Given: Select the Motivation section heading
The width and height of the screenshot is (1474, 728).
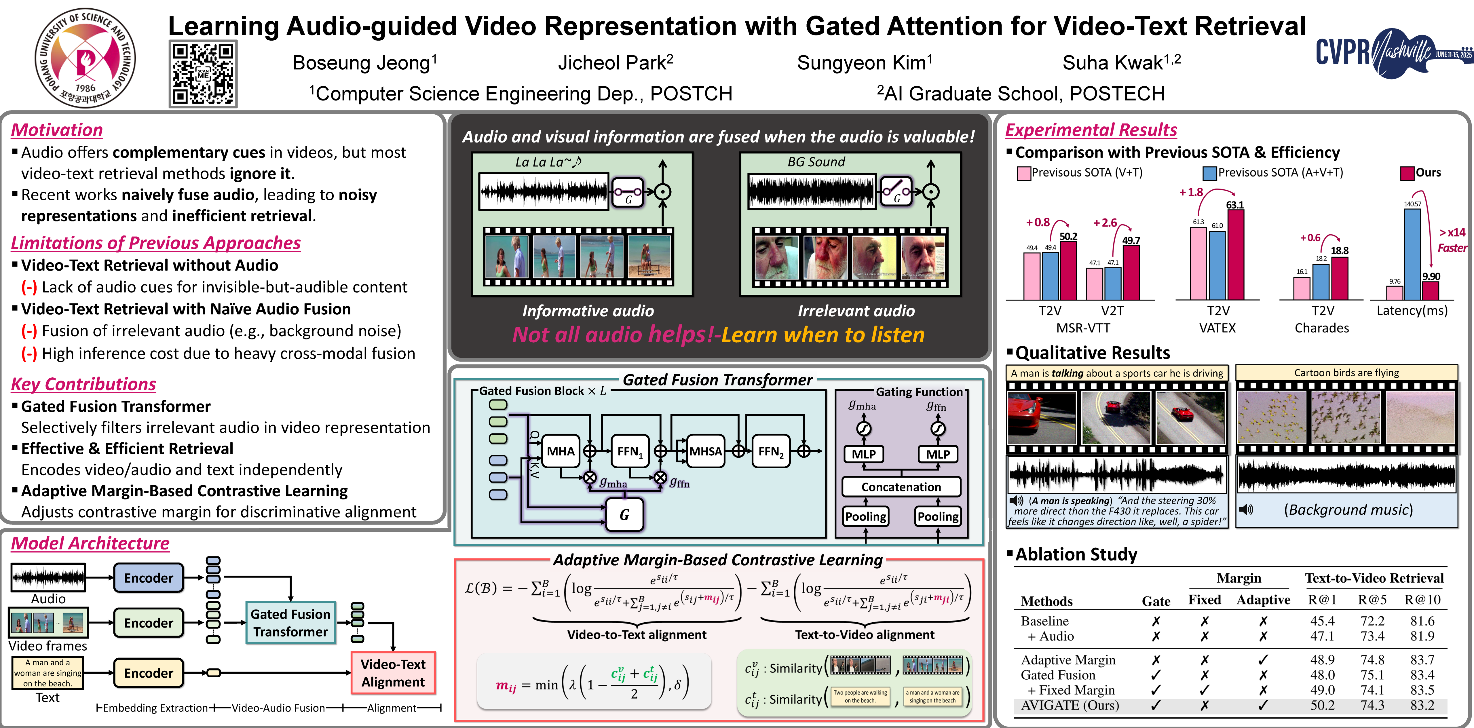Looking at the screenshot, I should [57, 130].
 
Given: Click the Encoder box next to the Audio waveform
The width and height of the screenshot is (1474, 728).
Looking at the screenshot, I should [148, 578].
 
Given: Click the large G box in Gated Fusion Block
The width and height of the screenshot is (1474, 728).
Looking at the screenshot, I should [624, 515].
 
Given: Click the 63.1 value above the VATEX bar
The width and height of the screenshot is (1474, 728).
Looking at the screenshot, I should [1235, 205].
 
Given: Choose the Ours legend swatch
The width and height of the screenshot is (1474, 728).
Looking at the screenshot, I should [1407, 173].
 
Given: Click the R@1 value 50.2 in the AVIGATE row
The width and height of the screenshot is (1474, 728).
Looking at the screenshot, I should [1322, 705].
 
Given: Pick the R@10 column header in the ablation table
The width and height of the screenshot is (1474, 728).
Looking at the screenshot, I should [1422, 600].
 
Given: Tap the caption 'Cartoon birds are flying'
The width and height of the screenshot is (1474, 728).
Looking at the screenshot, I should [1346, 372].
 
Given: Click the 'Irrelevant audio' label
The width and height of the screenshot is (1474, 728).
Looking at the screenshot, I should [856, 311].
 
